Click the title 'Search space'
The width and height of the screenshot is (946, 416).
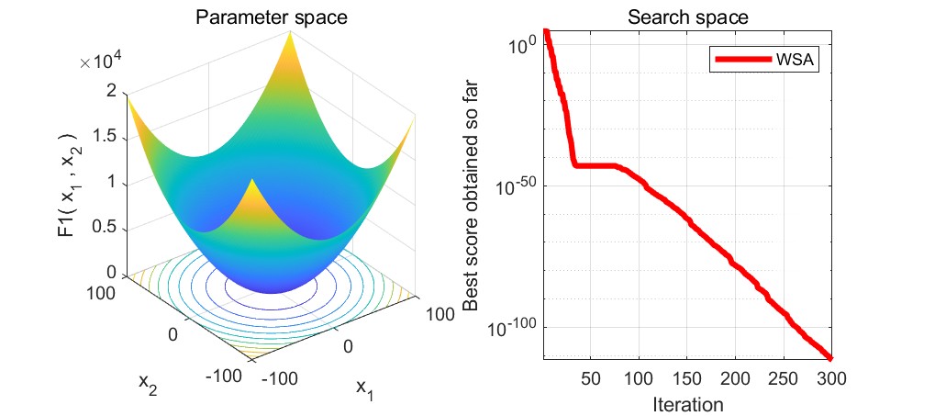tap(686, 17)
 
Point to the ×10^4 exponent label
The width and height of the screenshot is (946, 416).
tap(102, 62)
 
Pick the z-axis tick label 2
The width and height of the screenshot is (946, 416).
tap(110, 91)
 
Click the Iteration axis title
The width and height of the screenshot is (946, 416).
tap(687, 404)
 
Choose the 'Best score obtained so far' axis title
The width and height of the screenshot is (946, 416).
tap(471, 194)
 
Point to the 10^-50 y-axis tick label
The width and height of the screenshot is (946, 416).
tap(516, 186)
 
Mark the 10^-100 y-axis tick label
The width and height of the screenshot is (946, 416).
tap(513, 328)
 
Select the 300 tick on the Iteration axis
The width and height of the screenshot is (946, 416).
tap(830, 378)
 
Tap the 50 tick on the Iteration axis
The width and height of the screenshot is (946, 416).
tap(592, 378)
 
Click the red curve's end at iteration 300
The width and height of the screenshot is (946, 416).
tap(829, 357)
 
